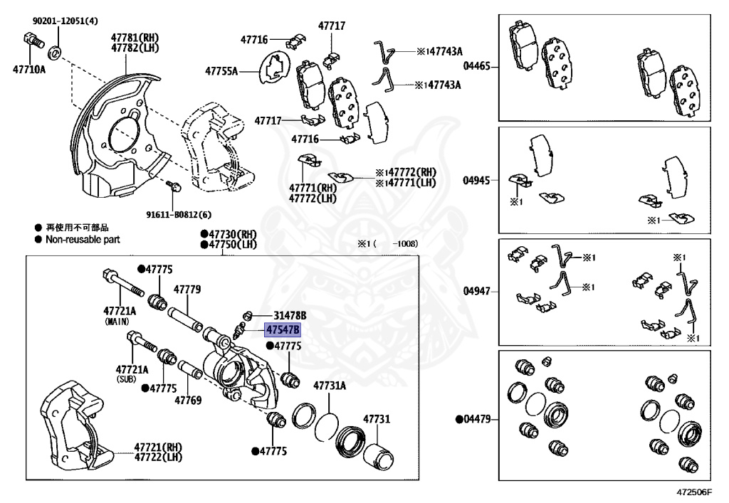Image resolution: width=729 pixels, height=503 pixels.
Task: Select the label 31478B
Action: (x=290, y=315)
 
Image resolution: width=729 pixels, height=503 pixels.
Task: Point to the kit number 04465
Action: (x=477, y=66)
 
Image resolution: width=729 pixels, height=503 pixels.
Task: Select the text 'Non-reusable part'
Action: (x=83, y=240)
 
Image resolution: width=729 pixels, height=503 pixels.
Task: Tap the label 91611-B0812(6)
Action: (x=179, y=214)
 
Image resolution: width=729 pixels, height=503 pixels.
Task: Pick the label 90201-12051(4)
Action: (x=65, y=21)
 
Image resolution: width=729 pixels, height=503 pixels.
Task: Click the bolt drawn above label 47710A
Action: (x=31, y=50)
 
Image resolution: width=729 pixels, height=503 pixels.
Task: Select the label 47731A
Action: (x=330, y=386)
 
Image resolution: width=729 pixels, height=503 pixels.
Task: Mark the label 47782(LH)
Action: (x=135, y=48)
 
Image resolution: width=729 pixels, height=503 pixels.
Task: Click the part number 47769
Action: (x=187, y=401)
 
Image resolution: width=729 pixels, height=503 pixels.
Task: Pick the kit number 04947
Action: (x=477, y=292)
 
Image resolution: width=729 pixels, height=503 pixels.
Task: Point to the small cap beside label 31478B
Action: (x=248, y=314)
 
